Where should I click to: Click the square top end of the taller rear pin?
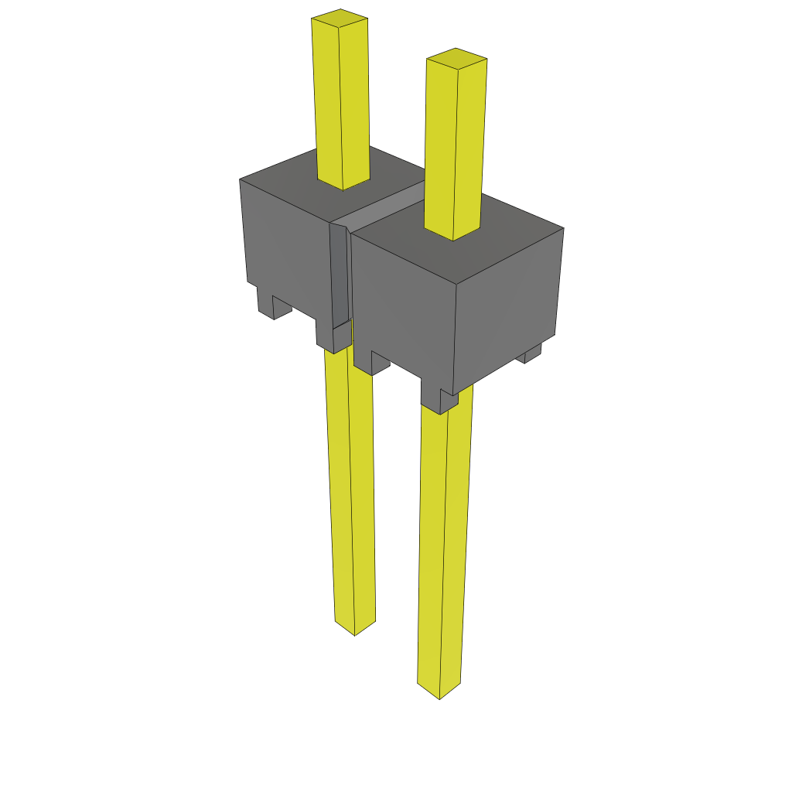point(340,16)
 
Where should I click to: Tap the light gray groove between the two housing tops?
point(387,206)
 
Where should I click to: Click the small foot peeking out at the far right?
point(532,353)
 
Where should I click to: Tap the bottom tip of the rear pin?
point(354,628)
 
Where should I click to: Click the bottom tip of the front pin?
point(439,691)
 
